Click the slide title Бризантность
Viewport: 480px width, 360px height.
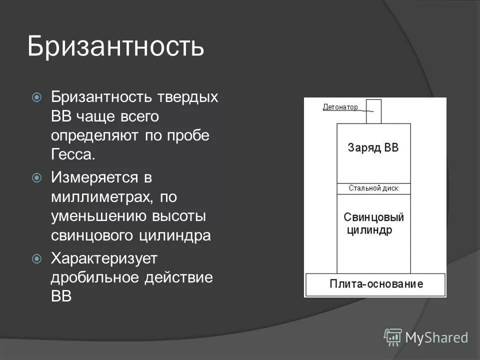pos(115,46)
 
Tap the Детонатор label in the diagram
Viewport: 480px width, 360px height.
pos(340,107)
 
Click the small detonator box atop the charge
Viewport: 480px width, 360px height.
pos(373,111)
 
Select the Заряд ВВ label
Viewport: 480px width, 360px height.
pos(373,148)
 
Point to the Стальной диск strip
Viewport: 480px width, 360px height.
pos(373,189)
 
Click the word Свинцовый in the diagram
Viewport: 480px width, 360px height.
pos(373,217)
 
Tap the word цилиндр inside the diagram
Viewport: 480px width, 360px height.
pos(369,230)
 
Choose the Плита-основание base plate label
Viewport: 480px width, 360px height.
pos(376,284)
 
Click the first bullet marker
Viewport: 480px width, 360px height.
pos(36,97)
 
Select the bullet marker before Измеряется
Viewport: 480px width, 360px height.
pos(36,177)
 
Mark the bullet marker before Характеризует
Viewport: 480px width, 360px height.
pos(36,258)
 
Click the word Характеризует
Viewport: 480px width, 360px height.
pos(104,258)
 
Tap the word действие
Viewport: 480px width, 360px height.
pos(179,277)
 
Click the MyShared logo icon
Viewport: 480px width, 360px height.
pos(393,337)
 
